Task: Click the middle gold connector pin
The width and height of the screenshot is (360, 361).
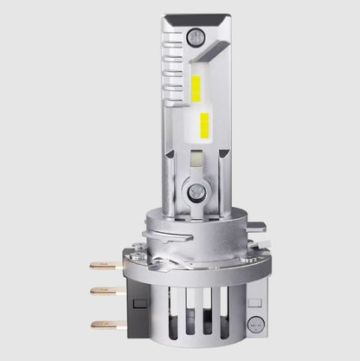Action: click(103, 291)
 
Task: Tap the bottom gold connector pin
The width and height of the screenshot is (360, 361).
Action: click(103, 325)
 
